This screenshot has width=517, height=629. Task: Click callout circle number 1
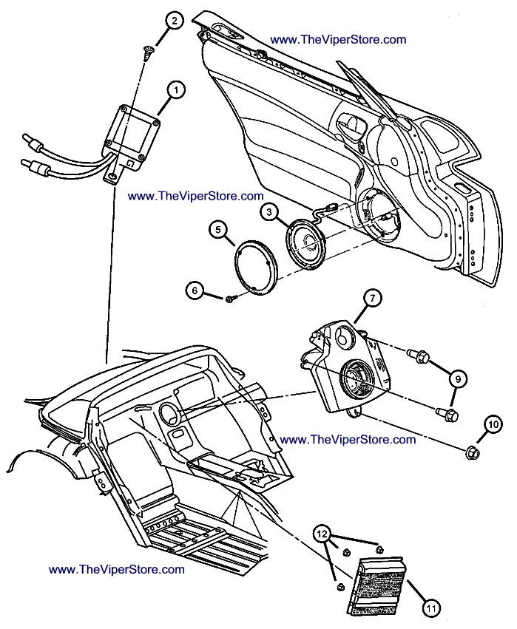click(176, 89)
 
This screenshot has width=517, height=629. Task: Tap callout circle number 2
click(172, 21)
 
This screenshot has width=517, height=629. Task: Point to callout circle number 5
click(217, 231)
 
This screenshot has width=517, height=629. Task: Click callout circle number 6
click(195, 290)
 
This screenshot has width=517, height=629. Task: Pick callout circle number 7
click(372, 299)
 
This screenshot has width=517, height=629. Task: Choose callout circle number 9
click(458, 378)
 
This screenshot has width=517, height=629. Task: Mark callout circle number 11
click(431, 608)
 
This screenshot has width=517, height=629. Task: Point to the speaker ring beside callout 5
click(254, 263)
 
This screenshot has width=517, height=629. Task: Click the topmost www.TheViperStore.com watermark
click(338, 39)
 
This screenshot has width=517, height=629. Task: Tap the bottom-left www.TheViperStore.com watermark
click(116, 570)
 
